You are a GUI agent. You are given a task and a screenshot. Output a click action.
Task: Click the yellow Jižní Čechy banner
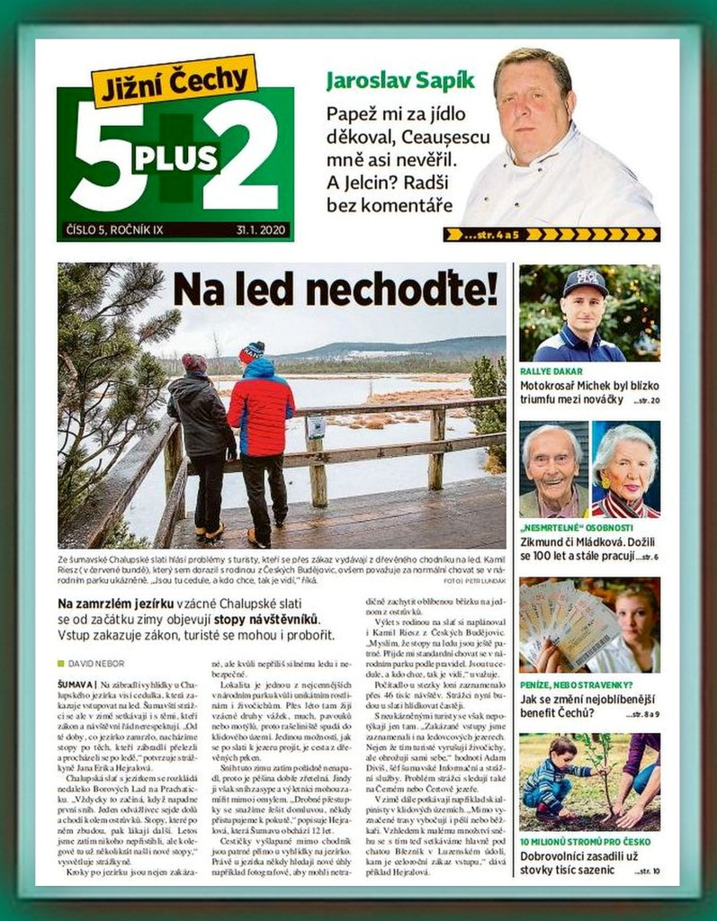[175, 80]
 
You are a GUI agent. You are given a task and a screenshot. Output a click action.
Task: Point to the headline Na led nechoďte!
[335, 290]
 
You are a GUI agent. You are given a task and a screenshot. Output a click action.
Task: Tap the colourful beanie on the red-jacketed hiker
[252, 350]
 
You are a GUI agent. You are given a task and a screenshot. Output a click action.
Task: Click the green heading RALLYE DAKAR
[551, 371]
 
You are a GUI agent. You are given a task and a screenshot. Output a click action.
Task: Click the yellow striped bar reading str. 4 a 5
[551, 235]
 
